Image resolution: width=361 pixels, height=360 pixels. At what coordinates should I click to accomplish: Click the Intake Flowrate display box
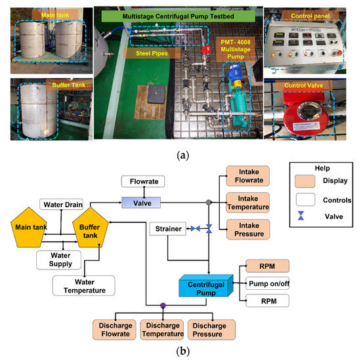[x=244, y=176]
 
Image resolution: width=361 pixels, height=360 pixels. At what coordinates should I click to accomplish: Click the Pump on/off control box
[x=267, y=284]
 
